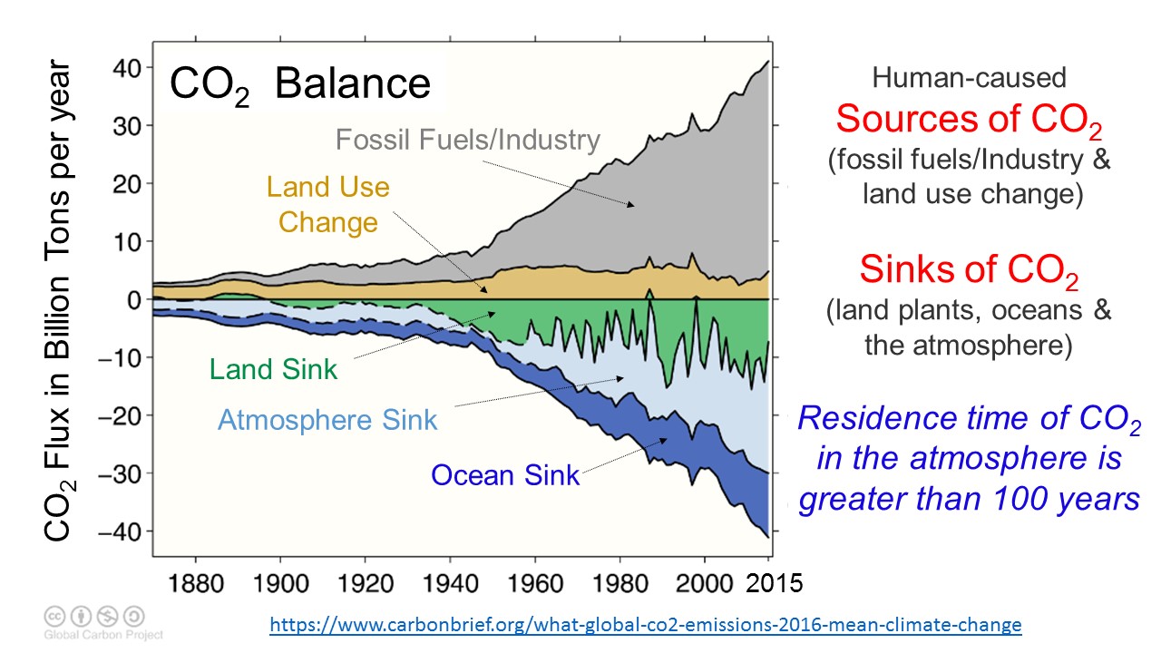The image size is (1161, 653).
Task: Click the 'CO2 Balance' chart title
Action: pos(300,84)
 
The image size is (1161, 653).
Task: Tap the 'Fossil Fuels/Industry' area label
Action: pos(468,140)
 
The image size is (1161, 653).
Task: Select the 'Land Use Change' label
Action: pos(327,204)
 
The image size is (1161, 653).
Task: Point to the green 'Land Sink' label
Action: pos(273,369)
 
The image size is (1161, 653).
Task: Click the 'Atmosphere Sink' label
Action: pos(327,420)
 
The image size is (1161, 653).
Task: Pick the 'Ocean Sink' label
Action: pos(505,474)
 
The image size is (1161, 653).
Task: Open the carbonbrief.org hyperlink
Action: pos(646,625)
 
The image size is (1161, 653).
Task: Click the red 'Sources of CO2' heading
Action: pos(969,120)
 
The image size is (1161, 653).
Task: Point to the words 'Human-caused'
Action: pos(969,78)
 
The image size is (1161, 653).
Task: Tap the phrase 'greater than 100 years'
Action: pos(969,498)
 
